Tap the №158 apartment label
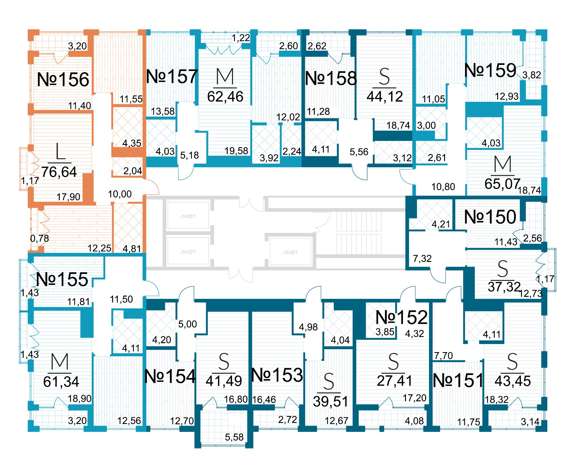pyautogui.click(x=331, y=78)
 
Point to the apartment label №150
pyautogui.click(x=490, y=217)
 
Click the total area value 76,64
pyautogui.click(x=59, y=172)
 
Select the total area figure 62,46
pyautogui.click(x=225, y=97)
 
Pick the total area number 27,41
pyautogui.click(x=395, y=381)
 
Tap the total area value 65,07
pyautogui.click(x=502, y=184)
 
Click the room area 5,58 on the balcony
pyautogui.click(x=234, y=437)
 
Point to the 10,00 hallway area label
pyautogui.click(x=120, y=194)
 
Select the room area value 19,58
pyautogui.click(x=236, y=151)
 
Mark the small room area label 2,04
pyautogui.click(x=133, y=171)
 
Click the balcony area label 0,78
pyautogui.click(x=40, y=239)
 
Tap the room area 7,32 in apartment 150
pyautogui.click(x=422, y=258)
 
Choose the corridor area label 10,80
pyautogui.click(x=443, y=187)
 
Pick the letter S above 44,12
pyautogui.click(x=384, y=77)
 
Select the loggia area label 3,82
pyautogui.click(x=532, y=75)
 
